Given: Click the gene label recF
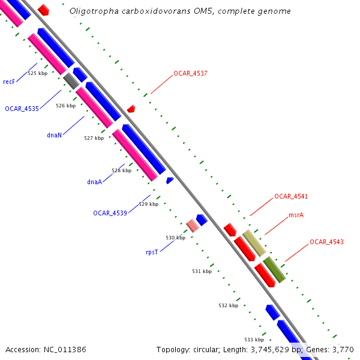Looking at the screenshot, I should coord(8,82).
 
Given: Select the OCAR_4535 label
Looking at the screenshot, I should coord(22,109).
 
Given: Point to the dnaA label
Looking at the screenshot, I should coord(94,182).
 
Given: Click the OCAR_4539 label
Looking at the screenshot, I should coord(110,213).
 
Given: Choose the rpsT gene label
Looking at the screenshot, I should coord(151,253).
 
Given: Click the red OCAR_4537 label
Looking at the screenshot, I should coord(190,73).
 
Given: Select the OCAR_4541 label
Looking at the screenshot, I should coord(291,196).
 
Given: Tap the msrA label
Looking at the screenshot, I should coord(296,215).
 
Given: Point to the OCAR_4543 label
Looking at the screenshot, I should coord(326,242).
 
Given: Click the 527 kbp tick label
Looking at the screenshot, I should coord(94,138).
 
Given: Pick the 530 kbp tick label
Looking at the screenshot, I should coord(175,238).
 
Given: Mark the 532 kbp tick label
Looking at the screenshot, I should coord(228,305).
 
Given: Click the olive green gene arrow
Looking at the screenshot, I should coord(274,269).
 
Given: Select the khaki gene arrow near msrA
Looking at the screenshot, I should coord(253,242).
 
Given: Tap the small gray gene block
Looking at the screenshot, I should coord(71,80).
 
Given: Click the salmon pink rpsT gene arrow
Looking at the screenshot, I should coord(192,226).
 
